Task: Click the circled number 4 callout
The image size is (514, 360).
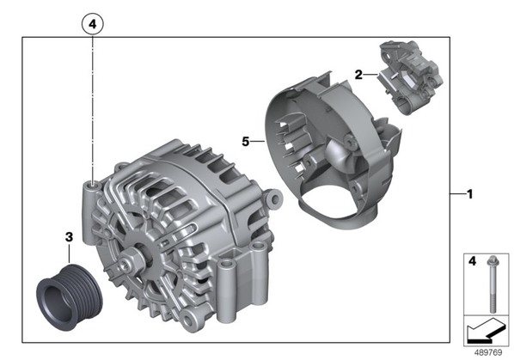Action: (93, 24)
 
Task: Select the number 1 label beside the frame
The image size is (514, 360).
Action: (470, 194)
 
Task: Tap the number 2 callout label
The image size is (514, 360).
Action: (358, 75)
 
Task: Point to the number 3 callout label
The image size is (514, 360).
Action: (69, 237)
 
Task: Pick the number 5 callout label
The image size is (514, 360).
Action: (246, 142)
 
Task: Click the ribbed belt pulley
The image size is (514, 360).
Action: (69, 296)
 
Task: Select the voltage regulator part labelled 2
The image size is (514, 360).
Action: (410, 77)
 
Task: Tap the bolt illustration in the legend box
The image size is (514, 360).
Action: (492, 284)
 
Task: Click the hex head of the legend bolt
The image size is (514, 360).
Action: (492, 260)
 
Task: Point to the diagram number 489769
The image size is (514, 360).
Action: (487, 352)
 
